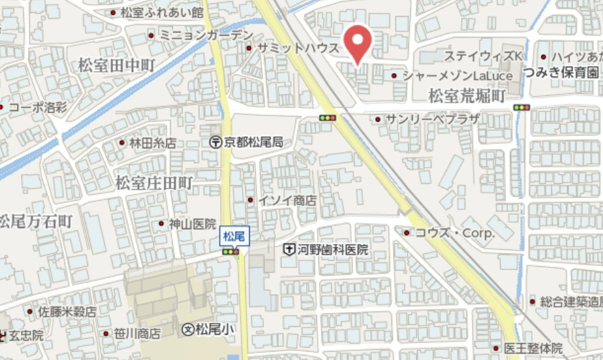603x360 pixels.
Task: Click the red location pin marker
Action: point(356,42)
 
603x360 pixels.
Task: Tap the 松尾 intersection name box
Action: point(233,237)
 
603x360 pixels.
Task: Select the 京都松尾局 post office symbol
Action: point(215,142)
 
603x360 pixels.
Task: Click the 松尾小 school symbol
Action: point(188,329)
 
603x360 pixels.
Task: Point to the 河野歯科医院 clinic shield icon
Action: point(289,249)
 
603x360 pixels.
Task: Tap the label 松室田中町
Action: point(117,65)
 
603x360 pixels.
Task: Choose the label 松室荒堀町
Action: point(466,96)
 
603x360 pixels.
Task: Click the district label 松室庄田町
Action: point(154,183)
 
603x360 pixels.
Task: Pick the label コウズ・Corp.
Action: point(454,232)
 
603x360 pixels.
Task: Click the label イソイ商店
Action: point(287,200)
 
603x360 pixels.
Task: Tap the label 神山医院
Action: point(192,224)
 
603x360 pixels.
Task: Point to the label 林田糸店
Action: point(153,143)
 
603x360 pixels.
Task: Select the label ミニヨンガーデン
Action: point(206,35)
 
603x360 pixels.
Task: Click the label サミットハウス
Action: point(298,49)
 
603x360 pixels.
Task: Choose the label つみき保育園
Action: point(562,72)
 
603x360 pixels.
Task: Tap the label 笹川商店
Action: point(137,334)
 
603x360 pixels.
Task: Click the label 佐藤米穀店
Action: point(67,312)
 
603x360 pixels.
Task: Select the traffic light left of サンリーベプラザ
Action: point(328,118)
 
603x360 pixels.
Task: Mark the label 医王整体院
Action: point(534,348)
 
